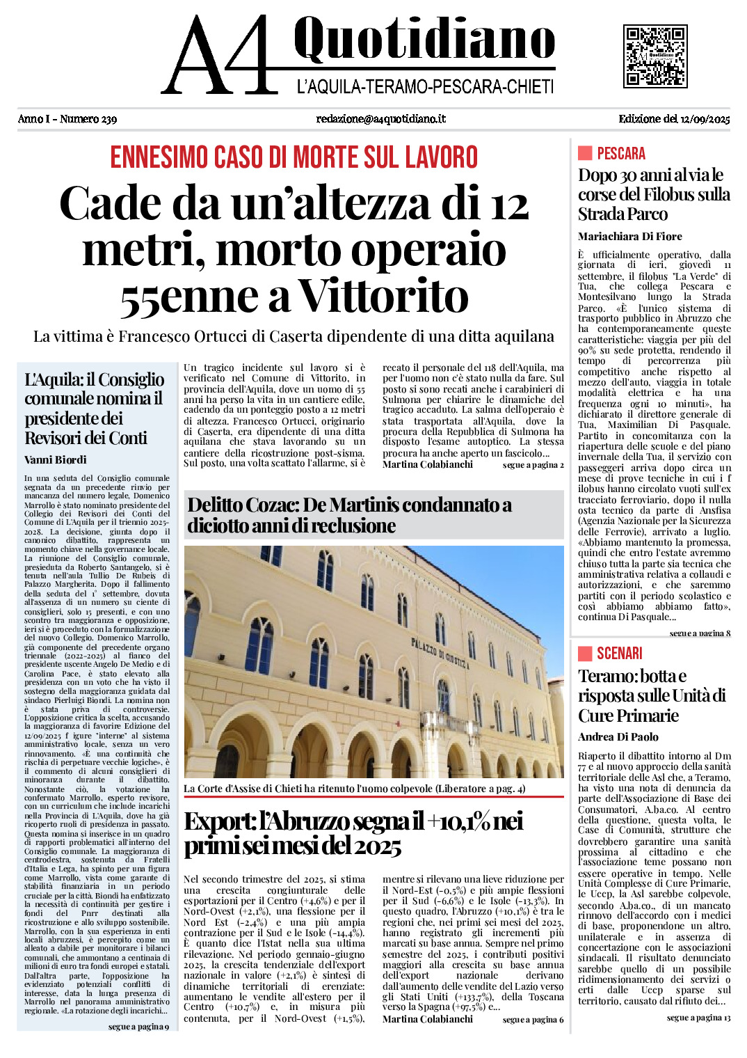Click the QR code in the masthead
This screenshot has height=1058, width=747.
(655, 56)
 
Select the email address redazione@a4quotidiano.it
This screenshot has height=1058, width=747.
(380, 119)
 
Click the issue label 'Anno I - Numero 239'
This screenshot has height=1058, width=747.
(67, 119)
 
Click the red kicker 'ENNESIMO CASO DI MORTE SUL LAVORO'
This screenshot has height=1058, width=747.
(294, 157)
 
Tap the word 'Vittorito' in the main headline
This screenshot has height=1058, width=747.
(383, 297)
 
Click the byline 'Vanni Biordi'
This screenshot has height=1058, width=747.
(56, 459)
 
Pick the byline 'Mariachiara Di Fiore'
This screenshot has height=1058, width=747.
(629, 237)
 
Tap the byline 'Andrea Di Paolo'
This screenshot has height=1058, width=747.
(618, 737)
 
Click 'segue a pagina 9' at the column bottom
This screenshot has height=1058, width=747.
(138, 1027)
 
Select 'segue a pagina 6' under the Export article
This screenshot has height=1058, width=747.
(533, 1020)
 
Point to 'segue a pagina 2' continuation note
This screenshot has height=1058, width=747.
(533, 465)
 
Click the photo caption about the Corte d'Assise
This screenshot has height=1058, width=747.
(354, 789)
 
